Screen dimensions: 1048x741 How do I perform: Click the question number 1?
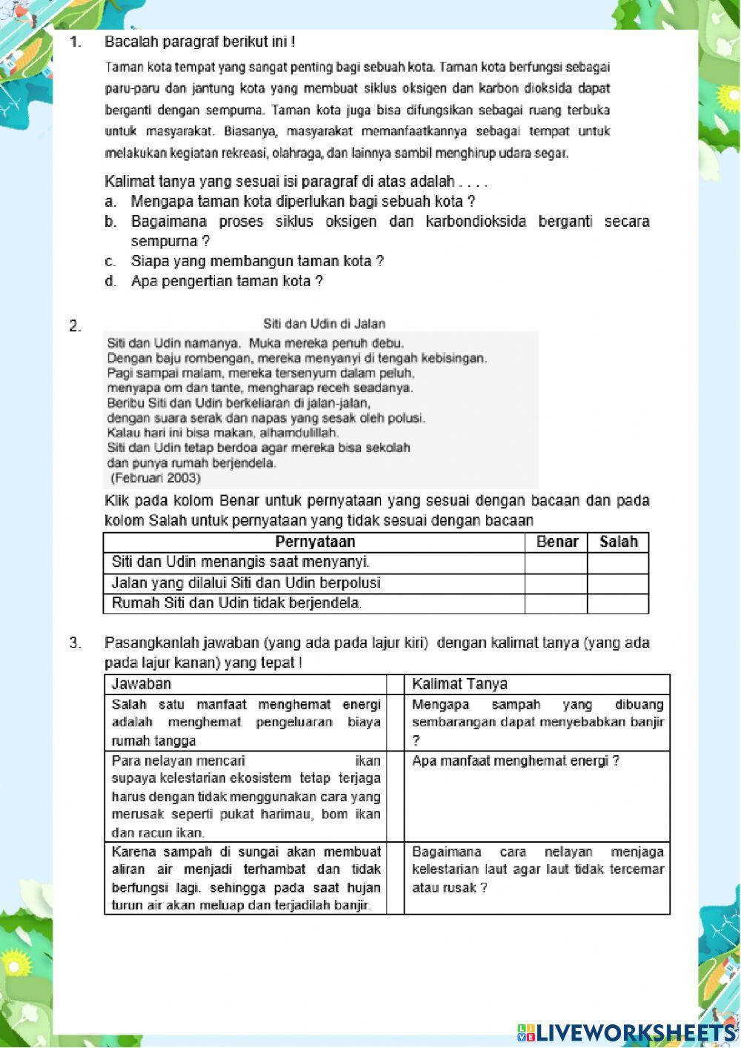pyautogui.click(x=75, y=42)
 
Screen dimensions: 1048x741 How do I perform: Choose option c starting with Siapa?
pyautogui.click(x=256, y=262)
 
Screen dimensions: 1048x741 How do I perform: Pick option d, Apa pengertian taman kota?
pyautogui.click(x=226, y=282)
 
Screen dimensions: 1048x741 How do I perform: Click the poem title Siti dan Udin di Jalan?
pyautogui.click(x=324, y=324)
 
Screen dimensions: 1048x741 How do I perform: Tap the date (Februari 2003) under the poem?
pyautogui.click(x=156, y=478)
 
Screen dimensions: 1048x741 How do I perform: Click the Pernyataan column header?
pyautogui.click(x=314, y=543)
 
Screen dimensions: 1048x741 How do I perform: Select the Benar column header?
pyautogui.click(x=556, y=543)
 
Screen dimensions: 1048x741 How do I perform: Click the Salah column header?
pyautogui.click(x=618, y=543)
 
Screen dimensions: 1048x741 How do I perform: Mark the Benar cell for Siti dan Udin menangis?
pyautogui.click(x=556, y=563)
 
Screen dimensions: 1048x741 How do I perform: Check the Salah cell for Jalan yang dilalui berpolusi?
pyautogui.click(x=618, y=583)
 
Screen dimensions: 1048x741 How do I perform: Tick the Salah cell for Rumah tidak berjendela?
pyautogui.click(x=618, y=603)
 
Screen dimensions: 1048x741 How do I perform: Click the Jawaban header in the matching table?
pyautogui.click(x=142, y=684)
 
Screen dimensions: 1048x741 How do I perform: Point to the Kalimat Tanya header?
pyautogui.click(x=459, y=684)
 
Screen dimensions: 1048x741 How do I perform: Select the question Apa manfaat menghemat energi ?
pyautogui.click(x=516, y=761)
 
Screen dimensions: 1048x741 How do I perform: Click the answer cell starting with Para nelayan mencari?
pyautogui.click(x=245, y=796)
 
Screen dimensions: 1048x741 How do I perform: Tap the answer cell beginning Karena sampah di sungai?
pyautogui.click(x=245, y=878)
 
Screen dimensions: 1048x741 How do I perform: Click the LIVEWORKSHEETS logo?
pyautogui.click(x=626, y=1032)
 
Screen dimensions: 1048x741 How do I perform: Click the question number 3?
pyautogui.click(x=75, y=643)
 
